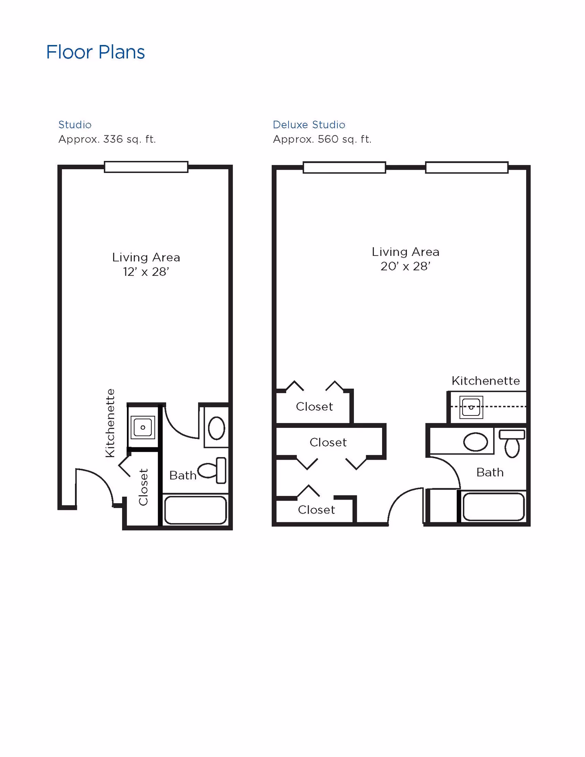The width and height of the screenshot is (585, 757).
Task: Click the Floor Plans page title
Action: [x=95, y=52]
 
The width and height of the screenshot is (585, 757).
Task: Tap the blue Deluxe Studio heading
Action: [x=309, y=125]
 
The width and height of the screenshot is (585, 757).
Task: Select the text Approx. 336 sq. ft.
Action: [x=107, y=139]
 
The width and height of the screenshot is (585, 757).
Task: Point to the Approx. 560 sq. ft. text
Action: [x=322, y=139]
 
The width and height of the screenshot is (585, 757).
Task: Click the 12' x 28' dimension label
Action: [x=146, y=272]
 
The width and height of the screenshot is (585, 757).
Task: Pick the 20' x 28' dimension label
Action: [x=405, y=266]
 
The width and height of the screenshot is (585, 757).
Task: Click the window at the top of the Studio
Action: [x=146, y=167]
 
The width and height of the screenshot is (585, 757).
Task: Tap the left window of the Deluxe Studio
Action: [x=344, y=167]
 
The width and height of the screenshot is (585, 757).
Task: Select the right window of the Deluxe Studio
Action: [x=467, y=167]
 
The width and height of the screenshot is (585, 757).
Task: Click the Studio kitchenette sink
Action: [x=143, y=427]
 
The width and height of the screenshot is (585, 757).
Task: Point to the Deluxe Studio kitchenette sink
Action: [x=471, y=407]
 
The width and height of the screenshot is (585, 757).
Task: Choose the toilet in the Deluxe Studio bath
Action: [x=512, y=444]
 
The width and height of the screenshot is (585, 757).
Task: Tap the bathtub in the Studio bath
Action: [x=195, y=510]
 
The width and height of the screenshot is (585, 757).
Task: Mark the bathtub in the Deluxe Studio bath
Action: [x=494, y=507]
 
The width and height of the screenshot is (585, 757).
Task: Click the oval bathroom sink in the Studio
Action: [x=216, y=428]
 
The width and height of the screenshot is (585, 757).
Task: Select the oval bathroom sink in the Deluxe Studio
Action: [x=475, y=442]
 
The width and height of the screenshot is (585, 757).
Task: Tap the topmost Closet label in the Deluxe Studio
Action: [x=314, y=407]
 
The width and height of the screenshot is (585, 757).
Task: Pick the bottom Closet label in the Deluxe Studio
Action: [x=316, y=510]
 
